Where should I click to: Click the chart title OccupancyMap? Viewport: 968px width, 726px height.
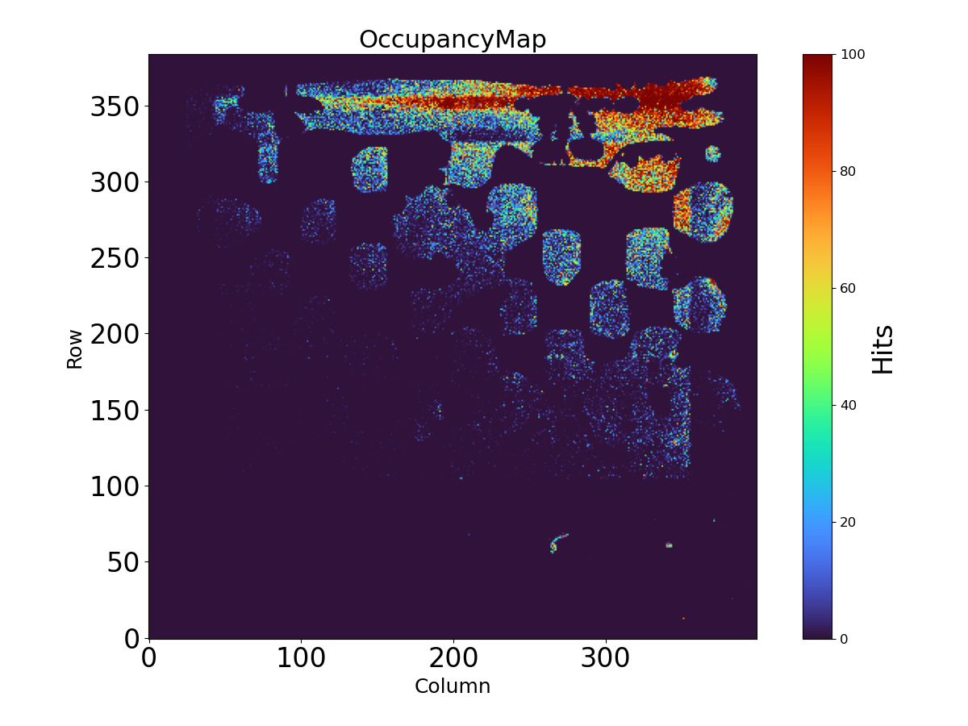tap(453, 40)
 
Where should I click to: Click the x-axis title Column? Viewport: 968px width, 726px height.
tap(453, 686)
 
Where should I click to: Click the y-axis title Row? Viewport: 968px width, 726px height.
tap(74, 348)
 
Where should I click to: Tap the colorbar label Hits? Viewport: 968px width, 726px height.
tap(883, 348)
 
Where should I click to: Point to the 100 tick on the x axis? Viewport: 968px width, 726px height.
tap(301, 658)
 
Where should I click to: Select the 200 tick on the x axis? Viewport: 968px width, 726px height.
tap(453, 658)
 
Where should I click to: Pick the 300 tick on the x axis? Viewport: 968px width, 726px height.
tap(606, 658)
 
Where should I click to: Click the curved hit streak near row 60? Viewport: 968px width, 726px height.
tap(557, 541)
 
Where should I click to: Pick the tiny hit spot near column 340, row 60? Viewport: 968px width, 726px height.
tap(669, 545)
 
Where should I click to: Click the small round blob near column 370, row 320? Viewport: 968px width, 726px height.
tap(712, 153)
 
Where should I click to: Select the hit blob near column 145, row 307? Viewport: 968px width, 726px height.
tap(369, 169)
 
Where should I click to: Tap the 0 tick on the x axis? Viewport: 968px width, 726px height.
tap(148, 658)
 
